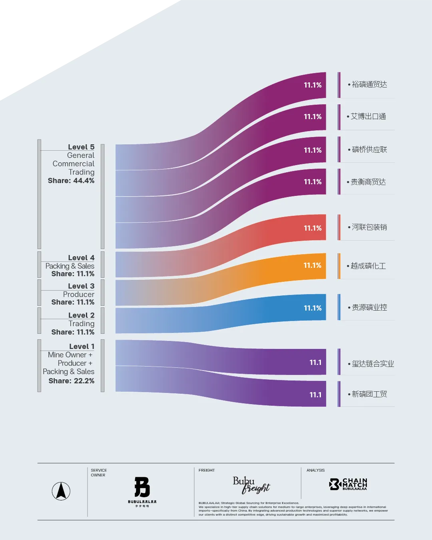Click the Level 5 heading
pos(81,147)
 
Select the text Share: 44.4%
pos(71,181)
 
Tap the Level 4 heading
pos(81,257)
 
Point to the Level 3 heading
pos(81,286)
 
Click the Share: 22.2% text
pos(72,381)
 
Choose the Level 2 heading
pos(81,315)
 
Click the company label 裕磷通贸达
pos(369,84)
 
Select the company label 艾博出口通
pos(368,116)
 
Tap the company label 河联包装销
pos(369,227)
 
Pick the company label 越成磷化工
pos(368,266)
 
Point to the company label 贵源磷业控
pos(369,307)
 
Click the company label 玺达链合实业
pos(372,364)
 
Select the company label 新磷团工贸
pos(369,394)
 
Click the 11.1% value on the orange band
pos(312,265)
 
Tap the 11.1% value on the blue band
pos(313,308)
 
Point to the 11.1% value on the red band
pos(313,228)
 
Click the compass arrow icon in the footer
pos(61,491)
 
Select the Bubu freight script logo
pos(251,485)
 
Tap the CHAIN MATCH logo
pos(348,484)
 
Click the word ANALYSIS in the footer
pos(315,470)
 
